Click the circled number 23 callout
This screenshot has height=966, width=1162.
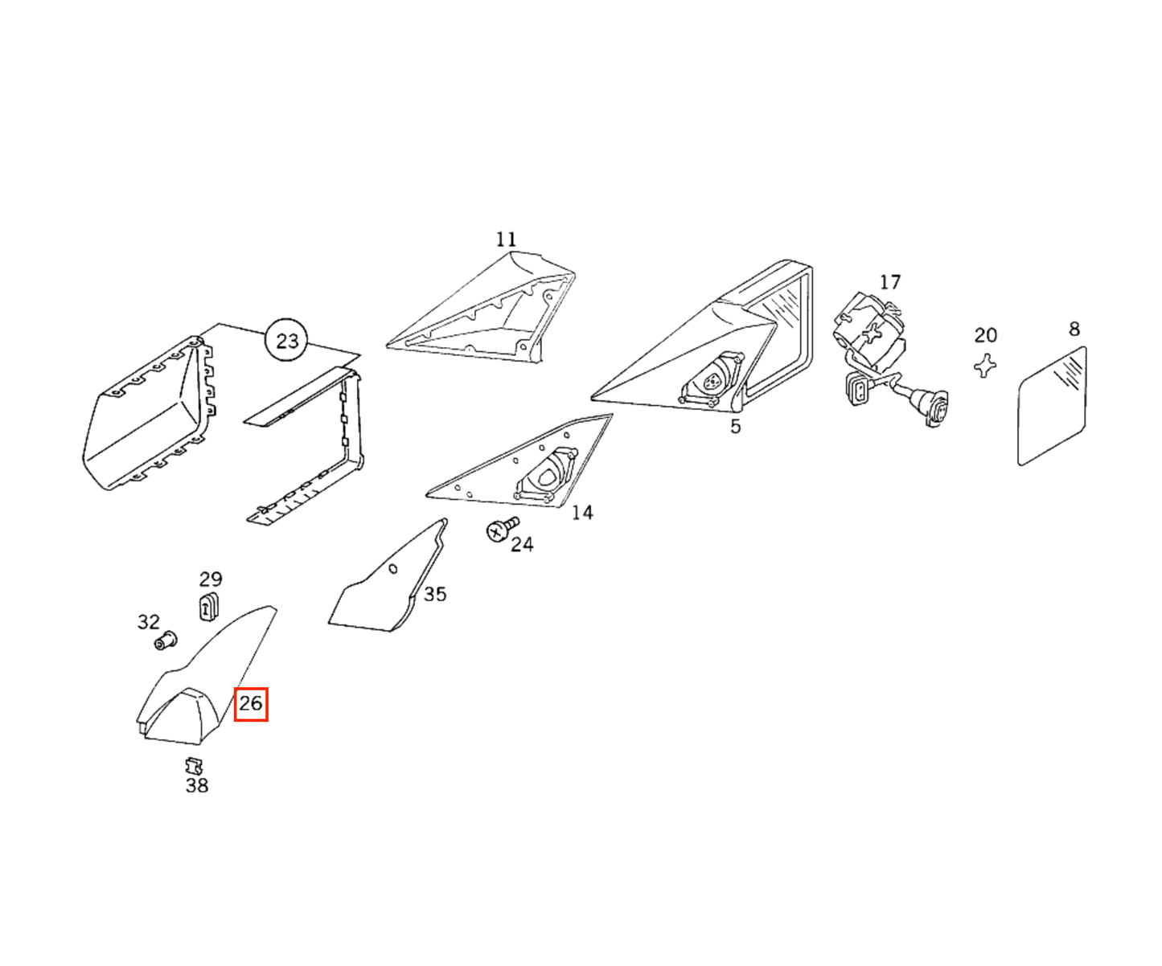[x=286, y=341]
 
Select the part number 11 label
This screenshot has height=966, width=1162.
[x=506, y=239]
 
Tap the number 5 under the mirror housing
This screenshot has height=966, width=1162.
[x=735, y=427]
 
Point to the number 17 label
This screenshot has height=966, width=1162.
[x=889, y=283]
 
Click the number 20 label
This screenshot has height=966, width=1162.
[x=985, y=335]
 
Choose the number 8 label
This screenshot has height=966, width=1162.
[x=1074, y=330]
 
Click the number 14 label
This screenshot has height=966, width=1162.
[x=582, y=513]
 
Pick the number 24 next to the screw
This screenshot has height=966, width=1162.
[x=522, y=544]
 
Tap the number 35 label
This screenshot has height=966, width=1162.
[x=434, y=595]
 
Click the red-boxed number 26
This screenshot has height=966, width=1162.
[x=250, y=704]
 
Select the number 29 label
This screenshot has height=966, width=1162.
[x=211, y=579]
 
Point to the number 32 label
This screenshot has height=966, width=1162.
[x=149, y=622]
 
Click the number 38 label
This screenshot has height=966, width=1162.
[x=197, y=786]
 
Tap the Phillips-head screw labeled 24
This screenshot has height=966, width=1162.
[x=502, y=528]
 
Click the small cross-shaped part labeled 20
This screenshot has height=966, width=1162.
[x=984, y=366]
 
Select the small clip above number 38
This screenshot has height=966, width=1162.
[x=194, y=767]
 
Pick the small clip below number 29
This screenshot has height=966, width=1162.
[x=208, y=606]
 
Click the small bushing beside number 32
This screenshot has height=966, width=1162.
[x=166, y=640]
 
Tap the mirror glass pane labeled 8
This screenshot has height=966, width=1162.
[x=1051, y=406]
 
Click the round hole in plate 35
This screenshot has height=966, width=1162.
[x=393, y=569]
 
